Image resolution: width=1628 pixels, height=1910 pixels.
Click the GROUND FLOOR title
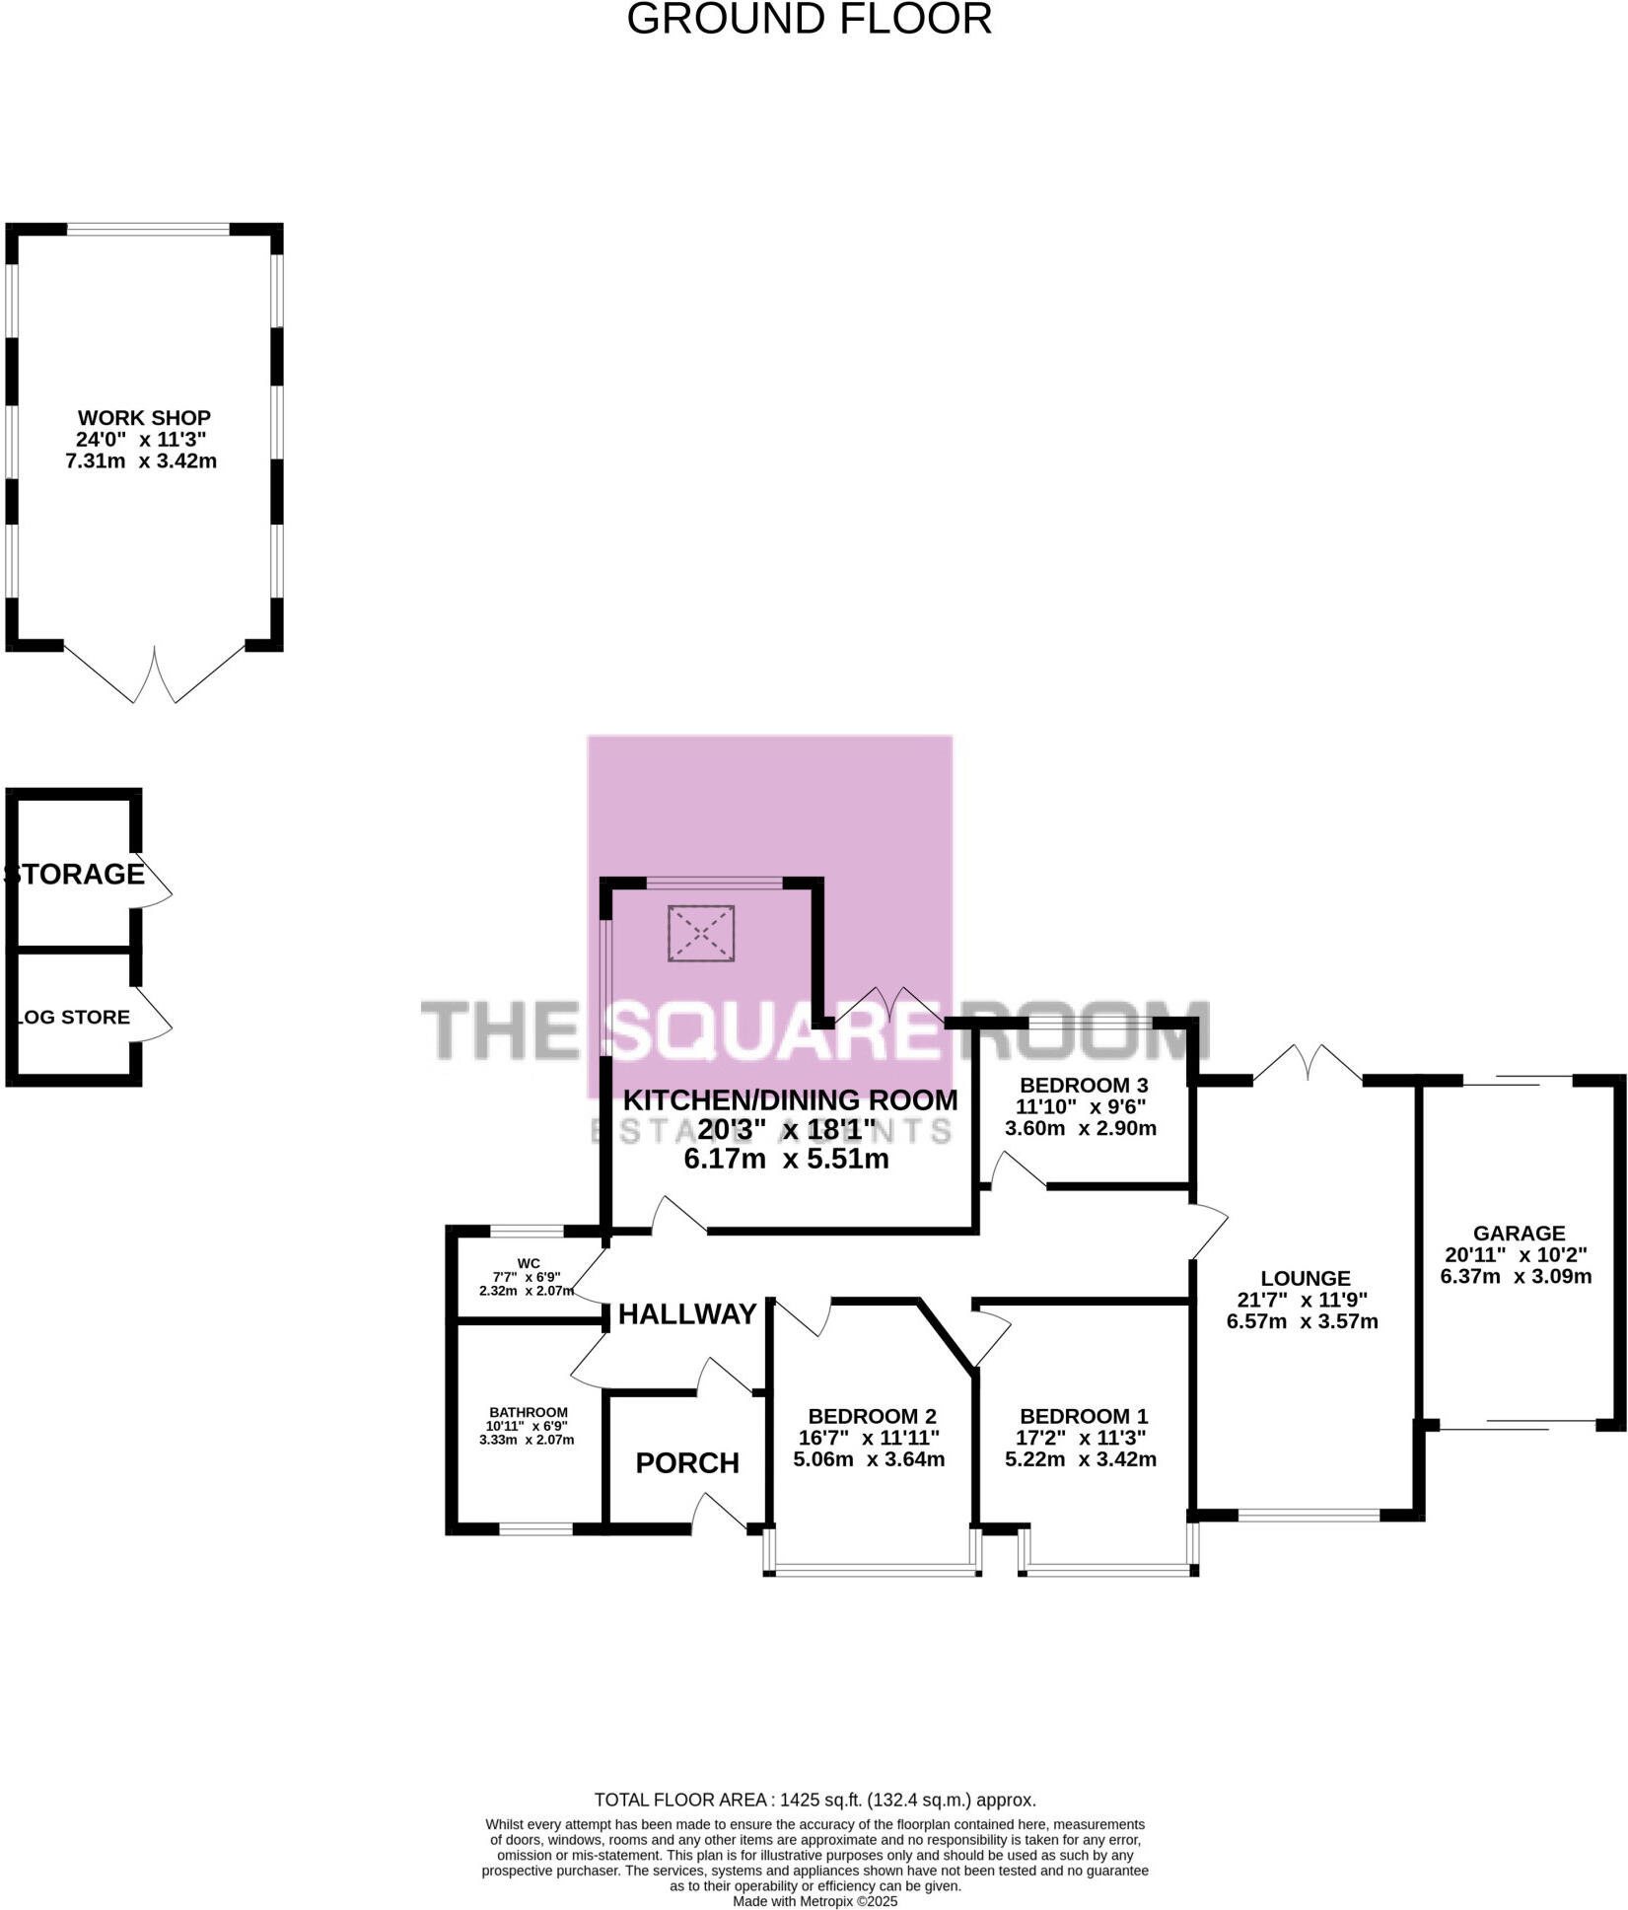[809, 20]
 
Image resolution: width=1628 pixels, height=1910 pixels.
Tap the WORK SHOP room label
[144, 417]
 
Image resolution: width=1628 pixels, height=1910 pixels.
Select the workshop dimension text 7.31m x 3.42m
[141, 460]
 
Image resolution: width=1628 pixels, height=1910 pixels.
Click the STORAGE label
[75, 874]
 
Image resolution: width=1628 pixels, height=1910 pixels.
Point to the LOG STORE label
[74, 1017]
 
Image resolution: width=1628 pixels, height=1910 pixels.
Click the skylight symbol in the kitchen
[701, 933]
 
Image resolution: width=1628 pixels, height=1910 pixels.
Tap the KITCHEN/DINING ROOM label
[790, 1099]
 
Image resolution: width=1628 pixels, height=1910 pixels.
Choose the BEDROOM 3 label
[1084, 1086]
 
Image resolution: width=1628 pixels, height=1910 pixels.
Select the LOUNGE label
[1305, 1279]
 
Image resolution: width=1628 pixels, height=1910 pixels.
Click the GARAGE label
[1519, 1233]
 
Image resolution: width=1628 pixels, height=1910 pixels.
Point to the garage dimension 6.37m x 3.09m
[1516, 1276]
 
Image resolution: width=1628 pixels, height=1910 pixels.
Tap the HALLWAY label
[687, 1313]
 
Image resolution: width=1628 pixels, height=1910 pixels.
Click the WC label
[529, 1263]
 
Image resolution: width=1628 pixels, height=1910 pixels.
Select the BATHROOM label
[529, 1412]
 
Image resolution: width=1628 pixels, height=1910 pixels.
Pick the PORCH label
[687, 1462]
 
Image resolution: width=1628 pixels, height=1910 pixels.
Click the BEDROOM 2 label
[872, 1417]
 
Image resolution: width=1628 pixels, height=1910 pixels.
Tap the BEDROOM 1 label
[1084, 1416]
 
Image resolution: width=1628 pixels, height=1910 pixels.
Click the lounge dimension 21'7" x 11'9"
[1302, 1300]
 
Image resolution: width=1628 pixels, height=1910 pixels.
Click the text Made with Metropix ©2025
[814, 1901]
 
